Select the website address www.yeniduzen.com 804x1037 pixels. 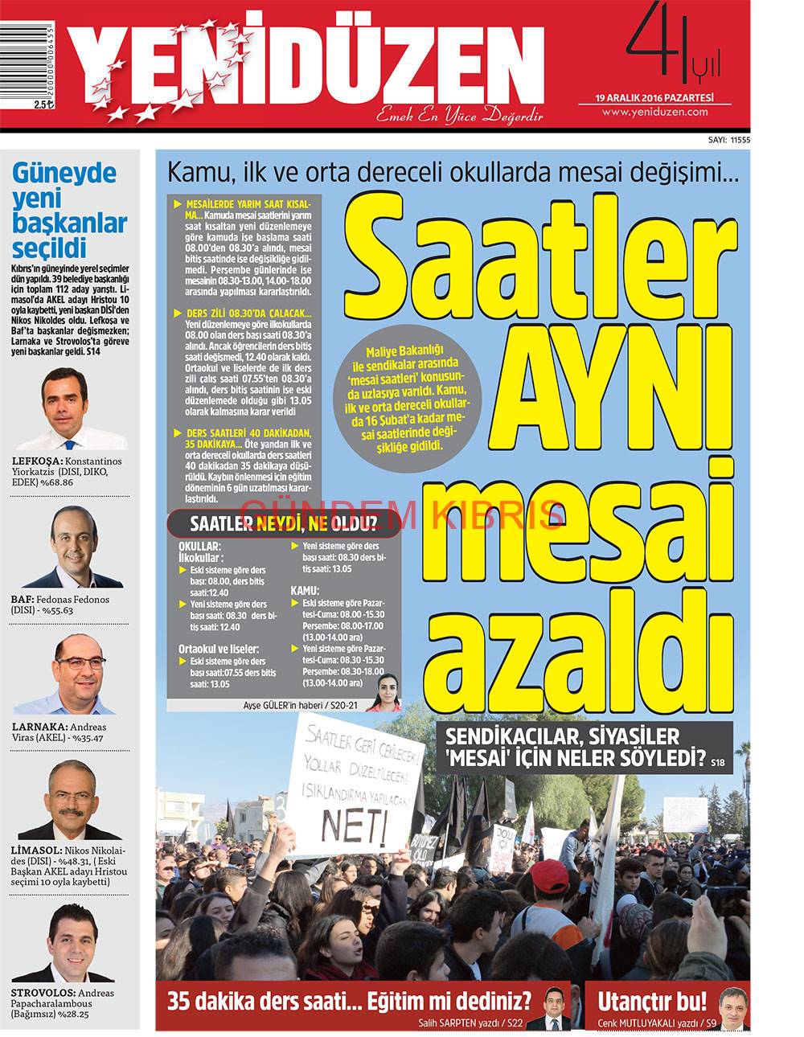[665, 112]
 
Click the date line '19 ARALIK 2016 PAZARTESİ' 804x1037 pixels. [666, 97]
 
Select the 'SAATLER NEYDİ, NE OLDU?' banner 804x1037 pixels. [283, 524]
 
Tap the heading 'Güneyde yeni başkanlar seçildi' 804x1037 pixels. [65, 209]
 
